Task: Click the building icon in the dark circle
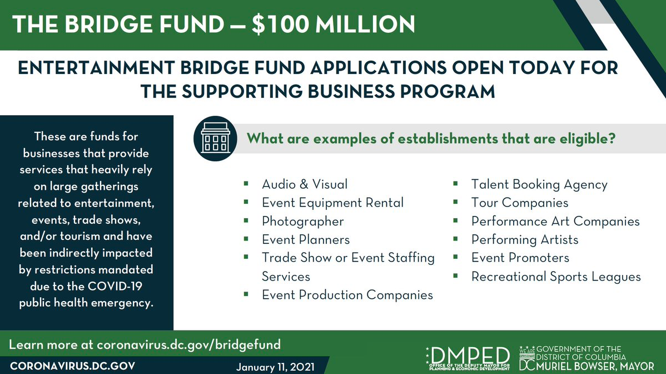pyautogui.click(x=215, y=139)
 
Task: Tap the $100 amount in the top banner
pyautogui.click(x=280, y=24)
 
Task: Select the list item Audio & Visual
pyautogui.click(x=305, y=184)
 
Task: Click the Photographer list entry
pyautogui.click(x=302, y=222)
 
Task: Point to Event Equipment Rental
pyautogui.click(x=332, y=203)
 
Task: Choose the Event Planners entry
pyautogui.click(x=305, y=240)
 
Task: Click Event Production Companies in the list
pyautogui.click(x=347, y=295)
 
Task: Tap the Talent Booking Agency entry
pyautogui.click(x=539, y=184)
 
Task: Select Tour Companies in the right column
pyautogui.click(x=519, y=203)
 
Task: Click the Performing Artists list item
pyautogui.click(x=525, y=240)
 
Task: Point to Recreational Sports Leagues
pyautogui.click(x=556, y=277)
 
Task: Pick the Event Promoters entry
pyautogui.click(x=520, y=258)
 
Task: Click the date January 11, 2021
pyautogui.click(x=275, y=367)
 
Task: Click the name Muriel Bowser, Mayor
pyautogui.click(x=595, y=366)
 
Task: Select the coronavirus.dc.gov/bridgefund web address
pyautogui.click(x=188, y=345)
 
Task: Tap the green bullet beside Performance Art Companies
pyautogui.click(x=455, y=220)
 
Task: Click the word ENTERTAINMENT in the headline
pyautogui.click(x=96, y=68)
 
